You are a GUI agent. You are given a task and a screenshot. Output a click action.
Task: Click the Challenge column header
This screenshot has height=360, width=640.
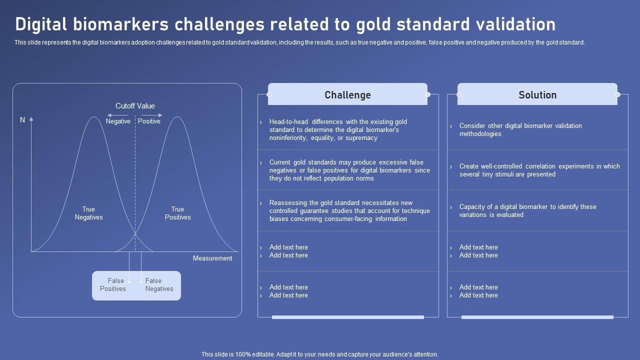[x=347, y=95]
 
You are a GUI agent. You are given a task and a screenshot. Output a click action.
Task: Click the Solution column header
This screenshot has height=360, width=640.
[x=537, y=95]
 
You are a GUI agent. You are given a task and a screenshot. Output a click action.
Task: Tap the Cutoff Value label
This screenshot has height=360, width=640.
[x=135, y=106]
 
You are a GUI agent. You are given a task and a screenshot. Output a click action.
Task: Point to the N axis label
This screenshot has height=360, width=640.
[x=22, y=120]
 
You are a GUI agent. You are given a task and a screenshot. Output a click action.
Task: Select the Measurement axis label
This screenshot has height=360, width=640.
[x=212, y=258]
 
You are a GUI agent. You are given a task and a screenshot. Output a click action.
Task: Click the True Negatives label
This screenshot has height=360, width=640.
[x=88, y=213]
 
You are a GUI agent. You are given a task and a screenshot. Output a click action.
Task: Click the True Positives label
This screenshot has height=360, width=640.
[x=177, y=213]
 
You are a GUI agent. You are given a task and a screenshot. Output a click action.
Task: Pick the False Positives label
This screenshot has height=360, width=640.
[x=113, y=285]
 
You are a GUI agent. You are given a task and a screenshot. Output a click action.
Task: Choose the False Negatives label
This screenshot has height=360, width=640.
[x=159, y=285]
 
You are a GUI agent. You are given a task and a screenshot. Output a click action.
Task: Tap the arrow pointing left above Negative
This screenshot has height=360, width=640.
[x=117, y=115]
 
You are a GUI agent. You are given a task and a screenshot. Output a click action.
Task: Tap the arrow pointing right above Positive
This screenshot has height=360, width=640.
[x=152, y=115]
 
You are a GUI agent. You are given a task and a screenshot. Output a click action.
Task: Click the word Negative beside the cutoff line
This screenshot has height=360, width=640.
[x=118, y=121]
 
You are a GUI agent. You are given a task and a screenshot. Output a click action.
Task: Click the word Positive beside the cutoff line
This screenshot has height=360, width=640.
[x=149, y=121]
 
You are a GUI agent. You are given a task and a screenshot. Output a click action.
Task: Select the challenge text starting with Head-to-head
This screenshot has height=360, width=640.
[x=338, y=130]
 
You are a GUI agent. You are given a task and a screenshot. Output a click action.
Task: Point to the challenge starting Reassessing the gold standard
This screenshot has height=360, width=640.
[x=349, y=211]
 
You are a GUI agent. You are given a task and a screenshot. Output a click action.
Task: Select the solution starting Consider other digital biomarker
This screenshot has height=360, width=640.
[x=520, y=130]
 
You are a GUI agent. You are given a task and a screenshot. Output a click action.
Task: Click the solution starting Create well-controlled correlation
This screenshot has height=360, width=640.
[x=539, y=170]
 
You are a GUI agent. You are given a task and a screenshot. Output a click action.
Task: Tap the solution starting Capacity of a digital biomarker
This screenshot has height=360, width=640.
[x=527, y=211]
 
